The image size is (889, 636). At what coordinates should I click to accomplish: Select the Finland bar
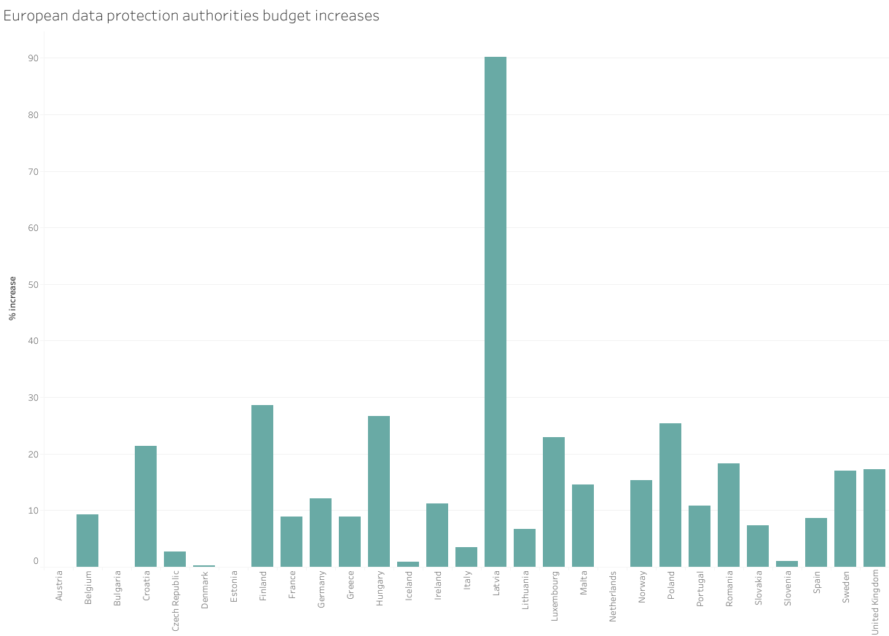click(x=262, y=486)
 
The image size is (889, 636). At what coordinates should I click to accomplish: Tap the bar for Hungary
click(x=379, y=491)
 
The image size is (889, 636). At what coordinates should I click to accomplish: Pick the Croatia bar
click(x=146, y=506)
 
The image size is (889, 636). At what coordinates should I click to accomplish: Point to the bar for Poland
click(x=670, y=495)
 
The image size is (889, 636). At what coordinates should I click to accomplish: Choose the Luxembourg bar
click(x=554, y=502)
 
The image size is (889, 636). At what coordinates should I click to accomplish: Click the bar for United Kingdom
click(x=874, y=518)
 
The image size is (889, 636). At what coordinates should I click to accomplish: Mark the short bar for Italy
click(x=466, y=557)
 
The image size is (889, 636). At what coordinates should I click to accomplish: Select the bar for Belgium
click(x=87, y=541)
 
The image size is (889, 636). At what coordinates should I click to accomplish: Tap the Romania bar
click(x=729, y=515)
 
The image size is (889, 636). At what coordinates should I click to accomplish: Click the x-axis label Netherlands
click(x=613, y=595)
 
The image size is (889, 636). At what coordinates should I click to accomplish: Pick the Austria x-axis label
click(x=59, y=586)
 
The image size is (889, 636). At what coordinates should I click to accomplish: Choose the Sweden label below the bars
click(x=846, y=587)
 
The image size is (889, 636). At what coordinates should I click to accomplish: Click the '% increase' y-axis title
click(x=12, y=298)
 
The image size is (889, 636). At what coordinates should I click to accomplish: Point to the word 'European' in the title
click(x=31, y=15)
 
